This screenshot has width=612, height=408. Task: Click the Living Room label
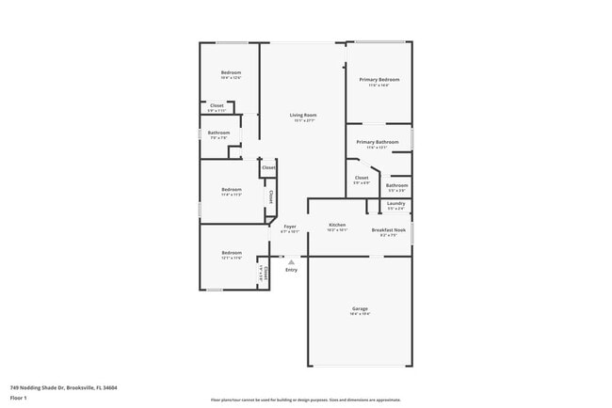pyautogui.click(x=303, y=115)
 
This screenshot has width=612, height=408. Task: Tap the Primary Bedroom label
pyautogui.click(x=379, y=80)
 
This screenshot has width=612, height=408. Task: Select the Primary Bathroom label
pyautogui.click(x=377, y=142)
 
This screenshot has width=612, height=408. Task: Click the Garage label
pyautogui.click(x=360, y=309)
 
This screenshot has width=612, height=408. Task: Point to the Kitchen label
pyautogui.click(x=337, y=226)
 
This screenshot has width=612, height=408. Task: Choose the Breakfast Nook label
pyautogui.click(x=388, y=230)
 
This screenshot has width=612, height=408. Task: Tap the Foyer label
pyautogui.click(x=290, y=226)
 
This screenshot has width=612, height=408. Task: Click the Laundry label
pyautogui.click(x=395, y=204)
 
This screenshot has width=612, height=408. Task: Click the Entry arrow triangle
pyautogui.click(x=292, y=259)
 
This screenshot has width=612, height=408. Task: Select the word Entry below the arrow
pyautogui.click(x=292, y=270)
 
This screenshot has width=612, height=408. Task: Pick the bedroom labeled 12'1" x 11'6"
pyautogui.click(x=231, y=253)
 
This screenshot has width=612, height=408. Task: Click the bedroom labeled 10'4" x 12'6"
pyautogui.click(x=231, y=73)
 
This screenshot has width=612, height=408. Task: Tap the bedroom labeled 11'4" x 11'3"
pyautogui.click(x=232, y=191)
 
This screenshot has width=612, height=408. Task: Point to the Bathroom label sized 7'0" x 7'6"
pyautogui.click(x=219, y=133)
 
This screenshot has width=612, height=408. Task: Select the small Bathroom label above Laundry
pyautogui.click(x=397, y=185)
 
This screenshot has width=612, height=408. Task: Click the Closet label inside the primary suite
pyautogui.click(x=362, y=178)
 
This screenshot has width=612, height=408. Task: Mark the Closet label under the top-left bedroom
pyautogui.click(x=217, y=106)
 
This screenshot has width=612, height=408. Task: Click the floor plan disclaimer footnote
pyautogui.click(x=305, y=399)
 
